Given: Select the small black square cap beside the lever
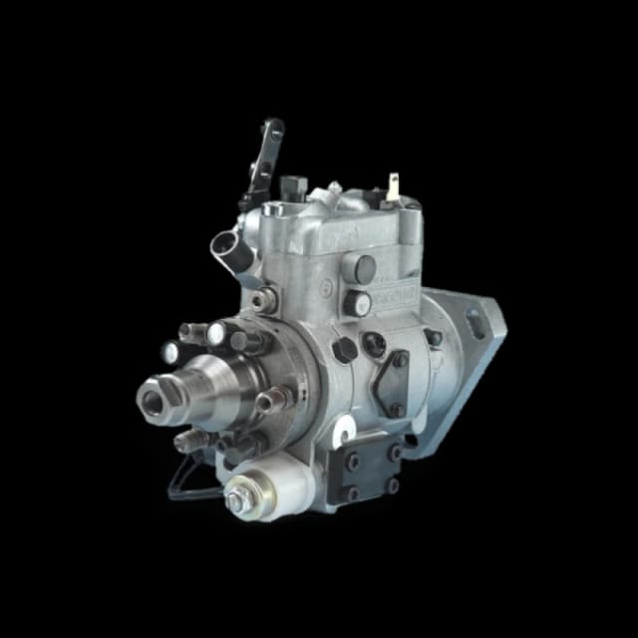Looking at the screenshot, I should coord(291,185).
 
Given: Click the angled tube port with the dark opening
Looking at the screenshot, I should coord(228,244).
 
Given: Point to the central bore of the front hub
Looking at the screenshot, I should coord(153,400).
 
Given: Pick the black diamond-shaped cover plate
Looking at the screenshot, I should coord(391,383).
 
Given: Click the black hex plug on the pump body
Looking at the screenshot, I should coord(345,349).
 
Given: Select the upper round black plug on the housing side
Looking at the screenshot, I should coord(365,267).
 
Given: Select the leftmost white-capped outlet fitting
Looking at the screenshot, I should coord(172,350).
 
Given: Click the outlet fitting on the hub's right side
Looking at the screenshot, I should coord(271,401).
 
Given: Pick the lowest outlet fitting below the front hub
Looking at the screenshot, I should coord(188,441).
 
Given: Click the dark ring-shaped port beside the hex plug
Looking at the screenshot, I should coord(374,344).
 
